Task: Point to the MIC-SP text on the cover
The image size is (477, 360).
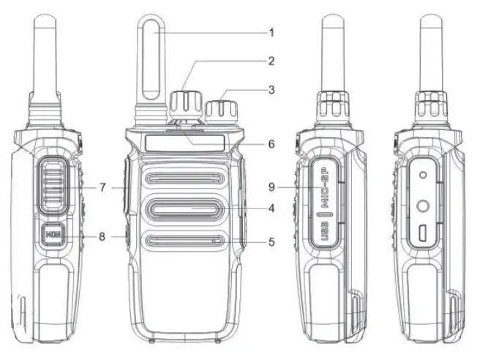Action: tap(323, 187)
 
